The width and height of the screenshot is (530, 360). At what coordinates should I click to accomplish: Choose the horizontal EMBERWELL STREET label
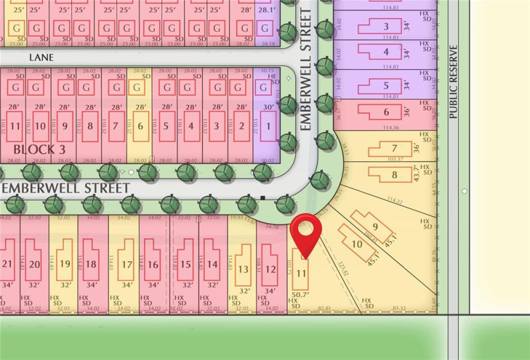[66, 187]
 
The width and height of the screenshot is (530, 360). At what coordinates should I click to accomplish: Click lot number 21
[8, 264]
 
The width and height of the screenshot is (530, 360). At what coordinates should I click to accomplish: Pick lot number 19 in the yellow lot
[65, 264]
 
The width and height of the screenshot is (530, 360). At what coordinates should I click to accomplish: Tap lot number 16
[153, 264]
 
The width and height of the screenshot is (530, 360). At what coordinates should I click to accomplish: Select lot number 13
[243, 269]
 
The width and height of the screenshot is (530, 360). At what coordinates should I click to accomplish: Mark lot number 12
[270, 269]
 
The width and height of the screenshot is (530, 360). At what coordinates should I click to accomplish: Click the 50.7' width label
[301, 294]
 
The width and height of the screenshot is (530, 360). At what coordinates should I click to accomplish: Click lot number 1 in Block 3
[268, 126]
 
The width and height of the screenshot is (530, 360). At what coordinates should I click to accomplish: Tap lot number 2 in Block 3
[242, 126]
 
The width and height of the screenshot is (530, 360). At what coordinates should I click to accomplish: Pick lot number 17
[126, 264]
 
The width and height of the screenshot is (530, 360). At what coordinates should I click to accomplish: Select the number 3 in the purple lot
[385, 26]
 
